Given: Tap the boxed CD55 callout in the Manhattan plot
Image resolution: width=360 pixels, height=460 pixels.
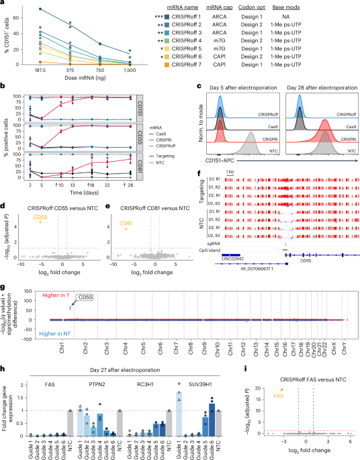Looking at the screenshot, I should coord(87,295).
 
